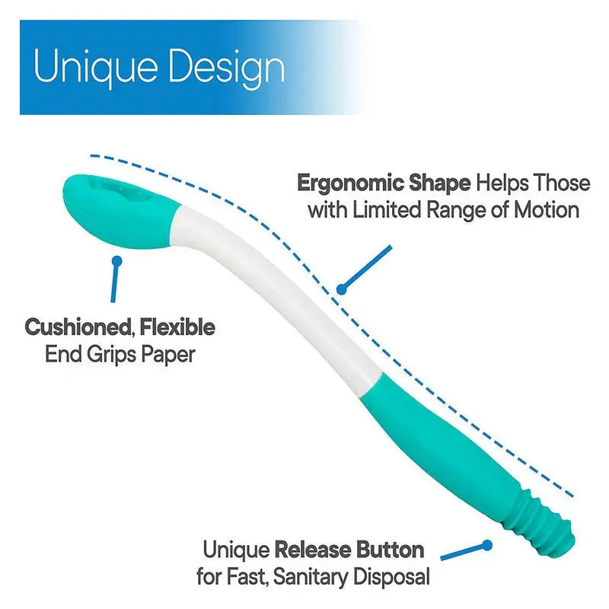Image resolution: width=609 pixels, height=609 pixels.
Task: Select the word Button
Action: pos(392,550)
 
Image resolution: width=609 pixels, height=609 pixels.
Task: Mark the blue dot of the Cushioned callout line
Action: pos(116,261)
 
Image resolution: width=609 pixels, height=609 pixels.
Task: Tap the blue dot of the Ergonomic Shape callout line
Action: pos(343,289)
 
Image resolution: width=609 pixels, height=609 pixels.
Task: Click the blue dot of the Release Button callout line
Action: pos(485,546)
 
